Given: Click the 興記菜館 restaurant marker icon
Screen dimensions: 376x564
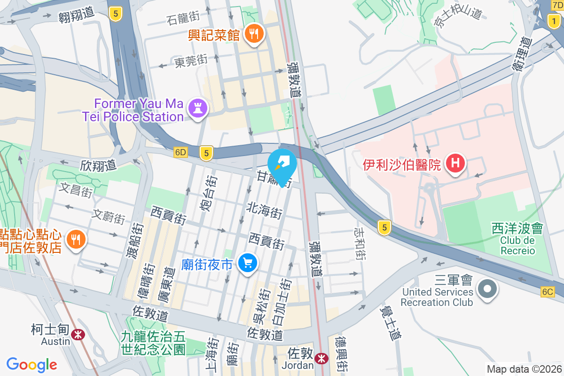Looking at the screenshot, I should pos(254,34).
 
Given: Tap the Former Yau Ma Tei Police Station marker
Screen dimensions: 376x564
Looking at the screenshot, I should pos(197,109).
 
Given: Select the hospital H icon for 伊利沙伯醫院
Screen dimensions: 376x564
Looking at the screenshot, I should pos(455,164).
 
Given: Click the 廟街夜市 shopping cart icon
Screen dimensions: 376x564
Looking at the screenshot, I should pos(247,263).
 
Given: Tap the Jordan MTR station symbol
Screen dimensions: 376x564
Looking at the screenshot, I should pos(321,358).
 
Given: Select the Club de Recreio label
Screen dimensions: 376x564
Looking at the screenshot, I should pos(517,245).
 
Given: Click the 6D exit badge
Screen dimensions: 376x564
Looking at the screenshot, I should pos(180,152).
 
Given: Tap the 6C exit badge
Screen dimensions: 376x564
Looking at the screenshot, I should pos(548,292).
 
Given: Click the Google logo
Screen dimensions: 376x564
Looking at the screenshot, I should pos(32,365).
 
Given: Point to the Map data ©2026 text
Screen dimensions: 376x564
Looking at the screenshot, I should pos(524,369).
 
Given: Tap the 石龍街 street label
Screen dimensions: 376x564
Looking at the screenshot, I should pos(183,17).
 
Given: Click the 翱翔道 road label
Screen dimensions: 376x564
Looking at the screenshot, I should pos(77,16).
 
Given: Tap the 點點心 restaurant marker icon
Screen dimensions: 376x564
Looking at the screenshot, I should pos(75,240).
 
